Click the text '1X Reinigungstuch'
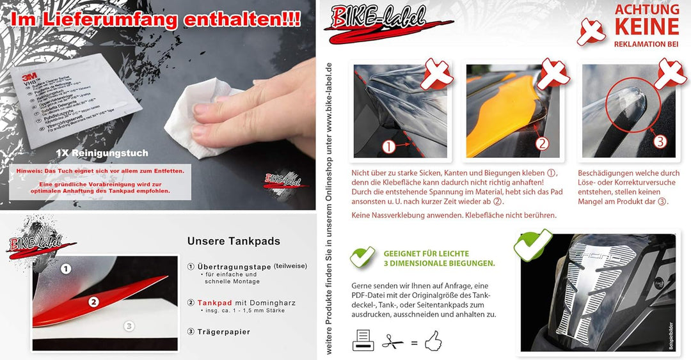click(x=102, y=153)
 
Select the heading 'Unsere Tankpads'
click(x=234, y=241)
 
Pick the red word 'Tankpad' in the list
click(x=214, y=302)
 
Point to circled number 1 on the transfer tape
click(x=65, y=269)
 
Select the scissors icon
click(x=392, y=342)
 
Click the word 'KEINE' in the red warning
click(x=646, y=26)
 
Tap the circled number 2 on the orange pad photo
click(x=542, y=143)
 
